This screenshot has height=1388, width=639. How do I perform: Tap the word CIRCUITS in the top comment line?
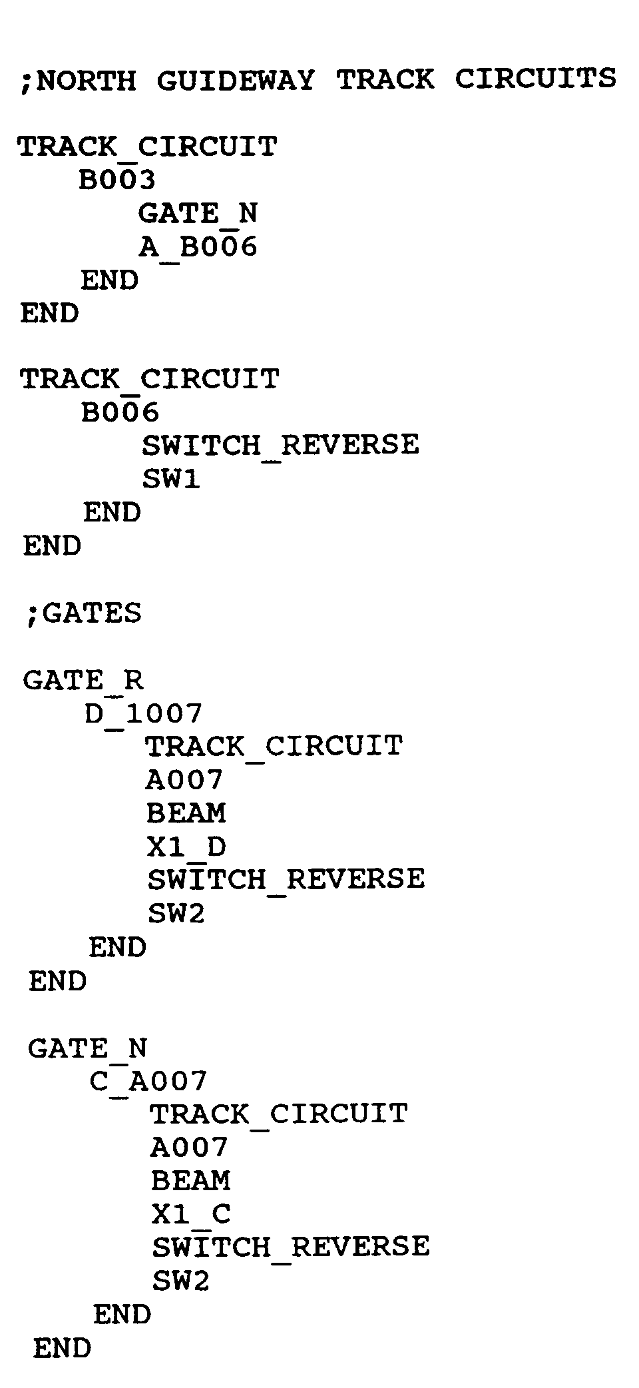[535, 79]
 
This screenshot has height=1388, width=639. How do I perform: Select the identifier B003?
[117, 180]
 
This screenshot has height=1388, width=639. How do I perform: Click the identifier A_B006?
[198, 247]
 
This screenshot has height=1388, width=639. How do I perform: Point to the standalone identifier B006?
[120, 412]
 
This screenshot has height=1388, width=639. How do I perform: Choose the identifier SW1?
[171, 479]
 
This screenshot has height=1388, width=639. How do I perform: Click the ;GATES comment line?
[83, 613]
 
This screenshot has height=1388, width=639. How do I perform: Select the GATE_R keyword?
[83, 680]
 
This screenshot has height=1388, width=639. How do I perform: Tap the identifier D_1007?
[143, 714]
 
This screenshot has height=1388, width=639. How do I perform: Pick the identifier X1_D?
[186, 847]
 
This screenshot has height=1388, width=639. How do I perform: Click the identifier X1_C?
[191, 1214]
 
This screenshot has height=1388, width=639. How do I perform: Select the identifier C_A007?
[148, 1081]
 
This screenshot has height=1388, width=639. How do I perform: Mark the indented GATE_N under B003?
[198, 214]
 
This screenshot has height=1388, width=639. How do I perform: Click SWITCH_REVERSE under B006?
[280, 445]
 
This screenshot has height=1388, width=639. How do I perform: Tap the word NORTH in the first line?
[86, 81]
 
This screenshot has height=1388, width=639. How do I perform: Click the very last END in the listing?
[62, 1348]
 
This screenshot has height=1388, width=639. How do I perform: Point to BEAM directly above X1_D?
[186, 813]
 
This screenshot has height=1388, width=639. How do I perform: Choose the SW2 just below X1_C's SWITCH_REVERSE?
[180, 1280]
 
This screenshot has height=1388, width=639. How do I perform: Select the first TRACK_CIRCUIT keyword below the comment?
[147, 147]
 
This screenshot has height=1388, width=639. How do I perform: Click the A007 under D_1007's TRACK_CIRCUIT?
[184, 780]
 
